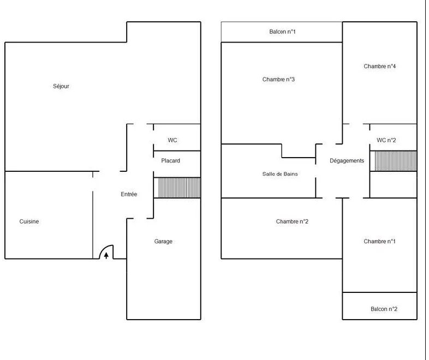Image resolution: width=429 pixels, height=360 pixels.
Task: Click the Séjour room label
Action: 61,86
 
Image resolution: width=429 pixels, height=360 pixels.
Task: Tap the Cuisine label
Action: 29,221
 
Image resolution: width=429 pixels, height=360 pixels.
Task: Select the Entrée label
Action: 129,194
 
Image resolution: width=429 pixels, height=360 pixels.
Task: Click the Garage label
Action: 163,242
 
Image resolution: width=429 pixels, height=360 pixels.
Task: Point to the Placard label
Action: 170,161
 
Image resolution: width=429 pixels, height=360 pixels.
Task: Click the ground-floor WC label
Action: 172,140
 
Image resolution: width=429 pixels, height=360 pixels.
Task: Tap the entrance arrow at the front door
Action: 106,256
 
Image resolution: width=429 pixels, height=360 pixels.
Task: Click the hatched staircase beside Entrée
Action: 177,188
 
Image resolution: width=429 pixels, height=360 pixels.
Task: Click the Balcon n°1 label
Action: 282,32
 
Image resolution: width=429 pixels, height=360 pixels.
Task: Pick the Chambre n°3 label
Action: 278,80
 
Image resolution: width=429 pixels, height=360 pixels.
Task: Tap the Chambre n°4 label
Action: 380,66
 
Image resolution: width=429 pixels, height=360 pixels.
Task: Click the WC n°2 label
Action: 386,140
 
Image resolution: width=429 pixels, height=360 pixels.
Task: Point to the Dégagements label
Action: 347,161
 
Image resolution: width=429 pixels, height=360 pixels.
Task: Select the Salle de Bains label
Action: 280,174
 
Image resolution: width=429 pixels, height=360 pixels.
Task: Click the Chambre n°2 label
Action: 292,221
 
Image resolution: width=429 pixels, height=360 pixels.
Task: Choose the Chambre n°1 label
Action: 379,242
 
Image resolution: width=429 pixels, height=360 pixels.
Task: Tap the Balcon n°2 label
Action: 384,309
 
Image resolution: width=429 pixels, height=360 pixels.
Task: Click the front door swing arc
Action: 103,249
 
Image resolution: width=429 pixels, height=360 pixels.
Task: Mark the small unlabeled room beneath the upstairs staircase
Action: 393,184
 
